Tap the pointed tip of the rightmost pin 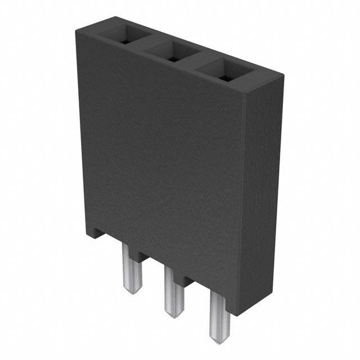coord(218,332)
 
